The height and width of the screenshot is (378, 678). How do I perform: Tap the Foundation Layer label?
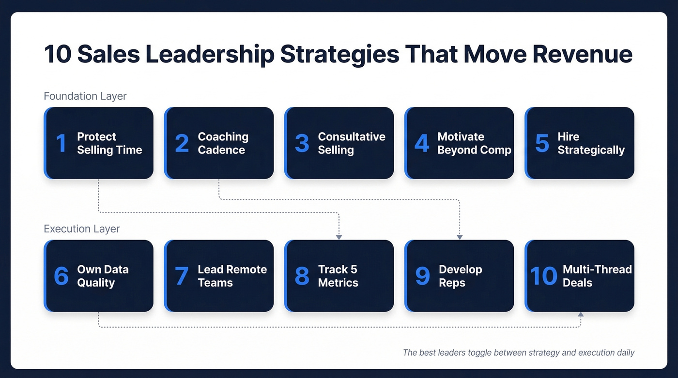click(85, 96)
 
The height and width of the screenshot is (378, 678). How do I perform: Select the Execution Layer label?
click(81, 228)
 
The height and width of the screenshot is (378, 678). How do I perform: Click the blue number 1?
click(61, 143)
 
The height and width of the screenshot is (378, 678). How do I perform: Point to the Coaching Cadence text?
click(223, 143)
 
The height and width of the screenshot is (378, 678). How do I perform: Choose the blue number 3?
click(302, 143)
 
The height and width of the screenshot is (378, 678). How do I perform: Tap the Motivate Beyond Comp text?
click(474, 143)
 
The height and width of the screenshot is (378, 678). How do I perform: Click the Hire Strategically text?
click(591, 143)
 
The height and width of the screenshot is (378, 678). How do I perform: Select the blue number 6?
click(61, 276)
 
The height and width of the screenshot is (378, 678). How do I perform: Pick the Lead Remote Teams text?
click(232, 276)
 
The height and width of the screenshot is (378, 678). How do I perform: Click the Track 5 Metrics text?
click(338, 276)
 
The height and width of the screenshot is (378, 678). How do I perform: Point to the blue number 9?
click(422, 276)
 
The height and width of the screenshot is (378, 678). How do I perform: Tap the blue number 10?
click(543, 276)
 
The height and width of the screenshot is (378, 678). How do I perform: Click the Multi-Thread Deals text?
click(597, 276)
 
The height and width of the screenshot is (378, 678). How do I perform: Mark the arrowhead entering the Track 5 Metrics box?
click(339, 237)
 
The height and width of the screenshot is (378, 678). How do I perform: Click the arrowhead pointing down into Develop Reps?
click(460, 237)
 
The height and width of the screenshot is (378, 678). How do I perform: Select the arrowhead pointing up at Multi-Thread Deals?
click(581, 315)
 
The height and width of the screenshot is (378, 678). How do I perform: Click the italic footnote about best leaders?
click(518, 352)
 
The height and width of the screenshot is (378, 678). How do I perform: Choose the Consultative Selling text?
click(352, 143)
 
